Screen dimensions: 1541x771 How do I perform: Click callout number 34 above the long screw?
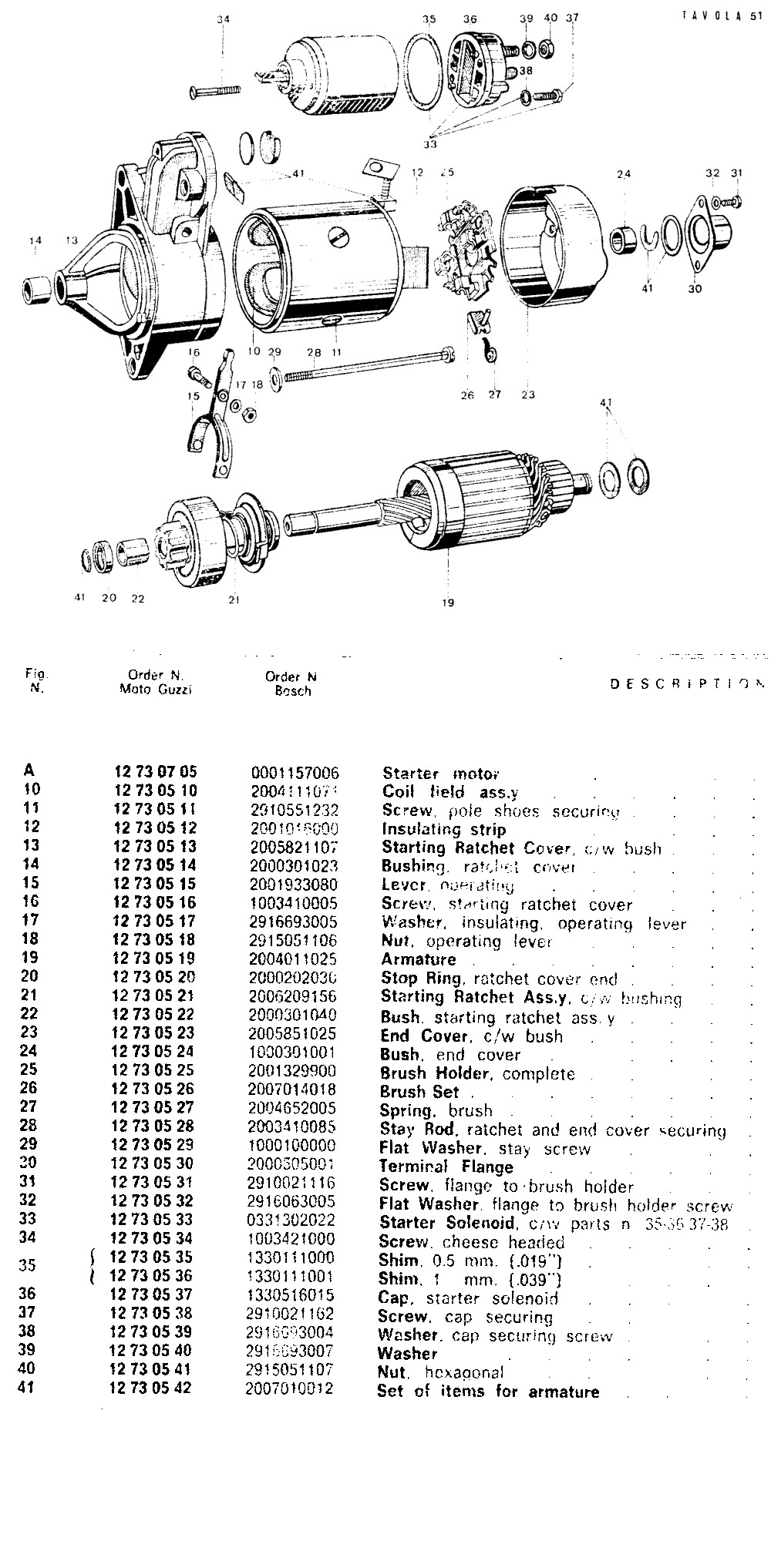click(223, 19)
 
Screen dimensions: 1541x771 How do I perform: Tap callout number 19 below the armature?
click(448, 603)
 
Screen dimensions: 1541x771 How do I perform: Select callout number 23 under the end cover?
click(527, 395)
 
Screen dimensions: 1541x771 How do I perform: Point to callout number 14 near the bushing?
click(35, 241)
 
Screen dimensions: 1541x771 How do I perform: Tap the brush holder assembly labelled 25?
click(465, 248)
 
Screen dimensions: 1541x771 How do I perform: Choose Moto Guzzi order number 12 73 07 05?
click(156, 771)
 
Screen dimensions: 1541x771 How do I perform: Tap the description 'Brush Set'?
click(419, 1092)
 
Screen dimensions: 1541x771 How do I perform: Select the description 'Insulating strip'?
click(444, 829)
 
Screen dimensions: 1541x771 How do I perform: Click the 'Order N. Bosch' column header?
click(291, 683)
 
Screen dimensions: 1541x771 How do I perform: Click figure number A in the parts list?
click(29, 770)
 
